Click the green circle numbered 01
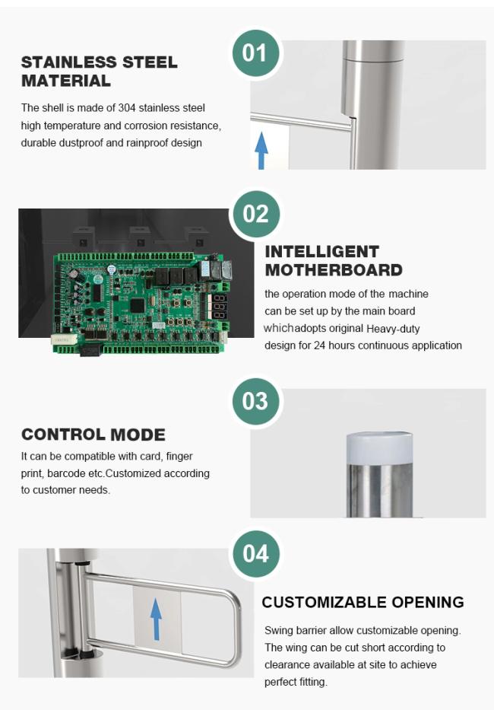click(x=255, y=53)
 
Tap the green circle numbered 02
click(x=255, y=214)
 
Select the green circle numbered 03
click(x=255, y=401)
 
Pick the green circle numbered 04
click(x=255, y=553)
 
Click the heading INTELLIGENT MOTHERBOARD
click(x=334, y=260)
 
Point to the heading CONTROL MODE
click(x=93, y=435)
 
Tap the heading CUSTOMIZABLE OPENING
click(x=363, y=602)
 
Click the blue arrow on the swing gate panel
click(x=156, y=619)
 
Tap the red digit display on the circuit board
click(x=220, y=307)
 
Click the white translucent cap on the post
click(x=379, y=447)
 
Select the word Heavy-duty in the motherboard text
click(x=393, y=328)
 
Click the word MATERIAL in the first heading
click(x=66, y=81)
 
